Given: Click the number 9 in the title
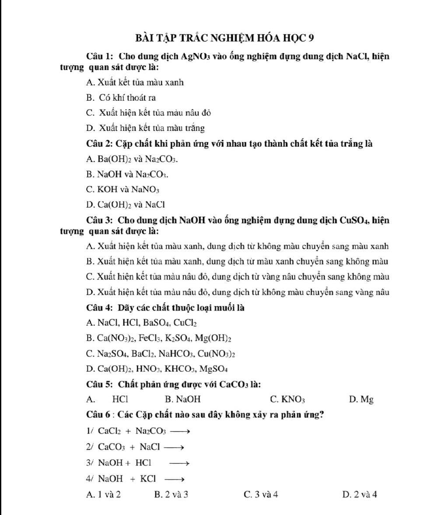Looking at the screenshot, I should [x=311, y=38].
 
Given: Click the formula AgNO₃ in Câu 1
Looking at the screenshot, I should [x=196, y=56].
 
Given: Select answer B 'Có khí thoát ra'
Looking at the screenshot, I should [x=121, y=98].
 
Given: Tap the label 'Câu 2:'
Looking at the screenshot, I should [x=100, y=144].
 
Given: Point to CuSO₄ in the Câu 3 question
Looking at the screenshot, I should [x=354, y=220].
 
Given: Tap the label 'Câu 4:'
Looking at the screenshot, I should [x=100, y=308].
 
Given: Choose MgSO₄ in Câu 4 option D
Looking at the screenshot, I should [x=213, y=369].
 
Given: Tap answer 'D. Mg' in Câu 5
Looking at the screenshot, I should [x=361, y=399].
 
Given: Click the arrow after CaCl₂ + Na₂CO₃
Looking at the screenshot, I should [x=180, y=431].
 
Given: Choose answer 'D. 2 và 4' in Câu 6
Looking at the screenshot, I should [x=360, y=495].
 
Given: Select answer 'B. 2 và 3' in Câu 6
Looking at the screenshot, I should [x=171, y=495].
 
